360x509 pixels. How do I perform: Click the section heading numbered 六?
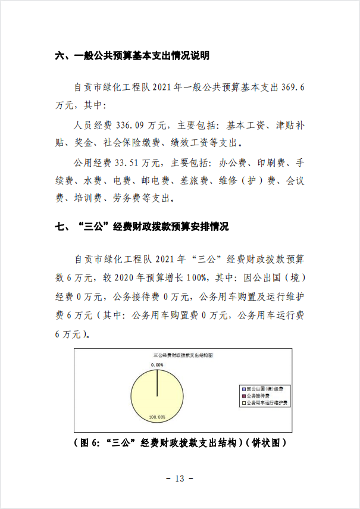pos(132,57)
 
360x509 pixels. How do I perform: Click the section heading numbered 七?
pos(142,227)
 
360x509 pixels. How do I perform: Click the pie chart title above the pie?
pos(183,354)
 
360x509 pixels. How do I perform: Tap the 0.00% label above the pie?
pos(156,364)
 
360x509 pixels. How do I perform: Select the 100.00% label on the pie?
pos(157,417)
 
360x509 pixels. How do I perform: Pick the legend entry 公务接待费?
pos(259,395)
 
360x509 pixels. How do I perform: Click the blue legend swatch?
pos(243,388)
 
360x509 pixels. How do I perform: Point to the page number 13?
pos(180,479)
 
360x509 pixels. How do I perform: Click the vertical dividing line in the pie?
pos(157,383)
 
